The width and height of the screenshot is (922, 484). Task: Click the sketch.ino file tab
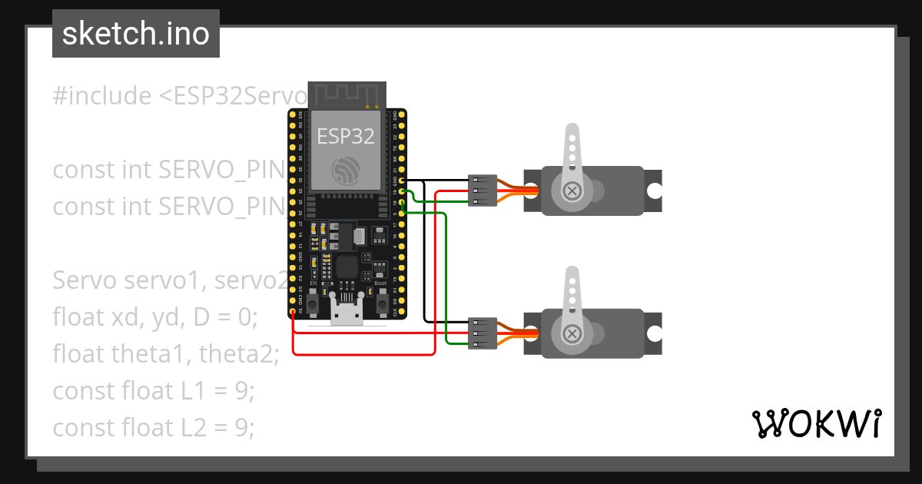click(136, 34)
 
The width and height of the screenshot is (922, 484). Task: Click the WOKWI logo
click(817, 423)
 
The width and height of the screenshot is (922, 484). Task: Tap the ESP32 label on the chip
click(347, 136)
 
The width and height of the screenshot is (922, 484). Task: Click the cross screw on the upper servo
click(572, 191)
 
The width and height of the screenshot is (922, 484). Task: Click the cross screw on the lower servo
click(572, 333)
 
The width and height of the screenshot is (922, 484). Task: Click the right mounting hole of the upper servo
click(654, 191)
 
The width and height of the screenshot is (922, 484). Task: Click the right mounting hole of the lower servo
click(654, 333)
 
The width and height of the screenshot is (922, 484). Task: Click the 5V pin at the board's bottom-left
click(293, 311)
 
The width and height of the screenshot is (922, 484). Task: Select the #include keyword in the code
click(102, 96)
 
